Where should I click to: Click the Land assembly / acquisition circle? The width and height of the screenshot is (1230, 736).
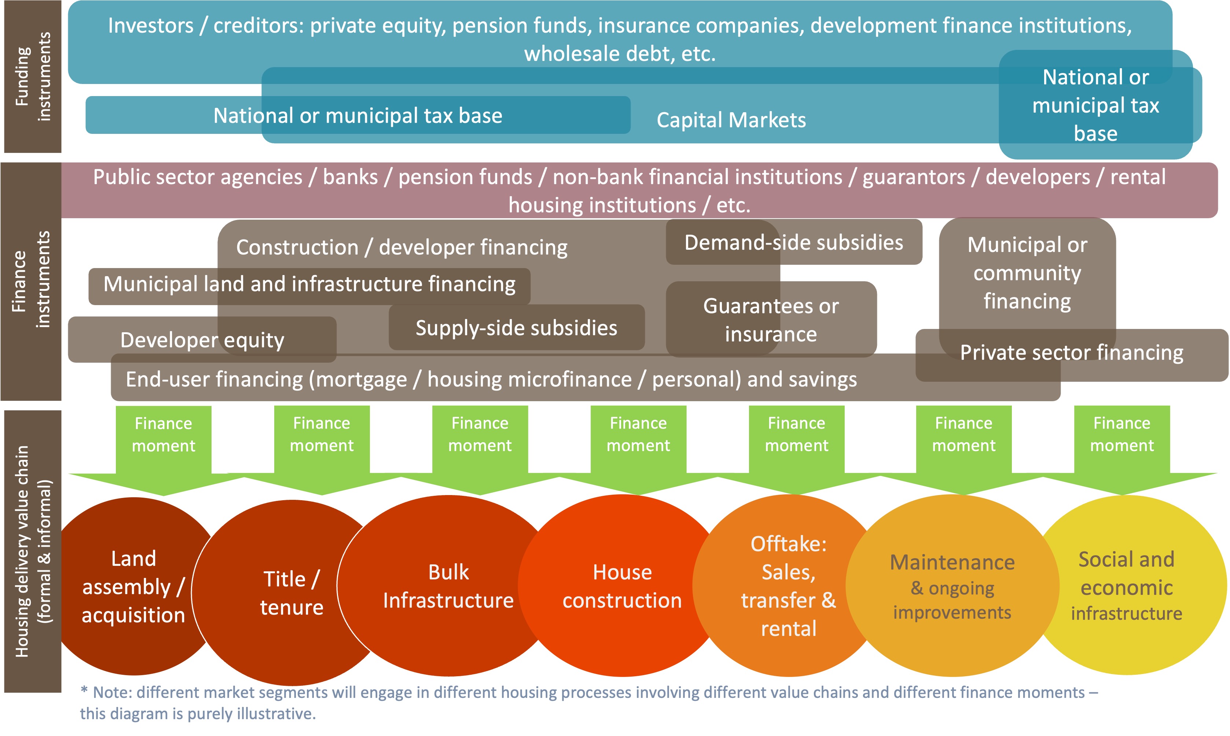pyautogui.click(x=133, y=586)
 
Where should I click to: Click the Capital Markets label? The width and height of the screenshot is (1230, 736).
pyautogui.click(x=731, y=120)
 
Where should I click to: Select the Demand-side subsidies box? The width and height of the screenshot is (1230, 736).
pyautogui.click(x=793, y=242)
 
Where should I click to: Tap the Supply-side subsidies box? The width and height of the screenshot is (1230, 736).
pyautogui.click(x=516, y=328)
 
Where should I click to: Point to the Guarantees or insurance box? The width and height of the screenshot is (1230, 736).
pyautogui.click(x=771, y=320)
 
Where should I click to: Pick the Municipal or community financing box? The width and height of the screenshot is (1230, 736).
pyautogui.click(x=1027, y=273)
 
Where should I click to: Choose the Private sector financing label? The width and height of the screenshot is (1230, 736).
pyautogui.click(x=1071, y=353)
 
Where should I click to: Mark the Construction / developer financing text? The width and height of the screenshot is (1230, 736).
pyautogui.click(x=401, y=247)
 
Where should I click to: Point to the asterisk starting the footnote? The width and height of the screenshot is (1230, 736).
pyautogui.click(x=84, y=691)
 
